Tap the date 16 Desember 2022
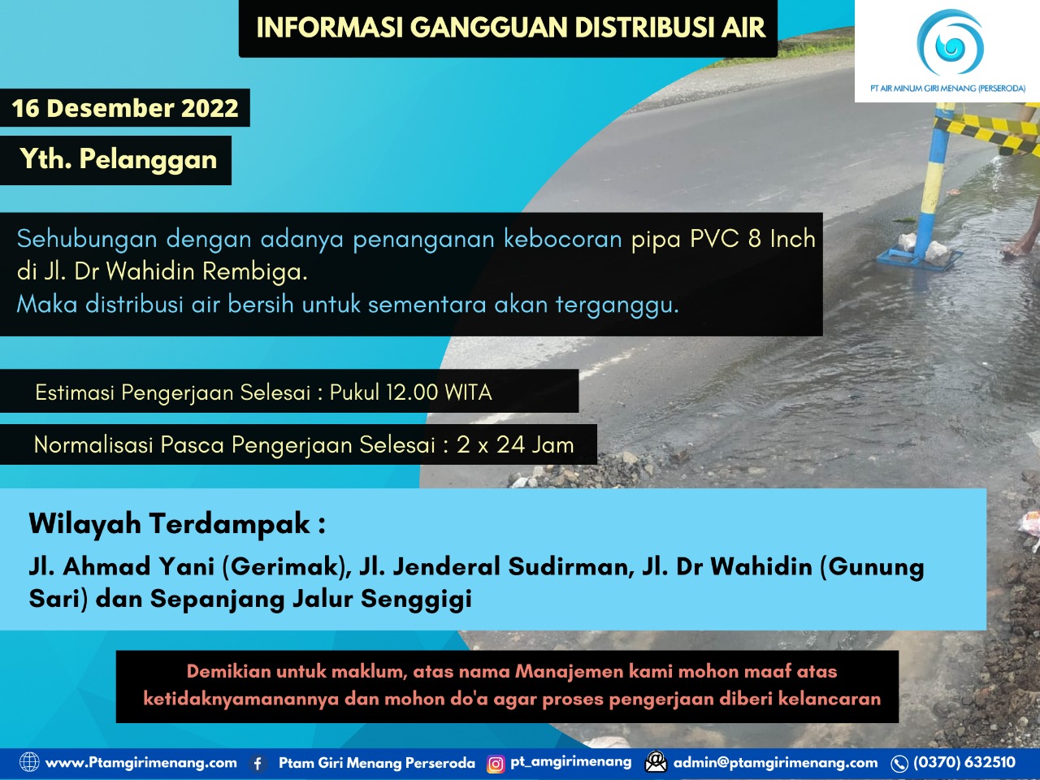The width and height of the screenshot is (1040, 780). (124, 108)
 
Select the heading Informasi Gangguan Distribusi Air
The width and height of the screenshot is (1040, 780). (510, 28)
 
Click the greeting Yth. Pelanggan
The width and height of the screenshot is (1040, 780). (118, 159)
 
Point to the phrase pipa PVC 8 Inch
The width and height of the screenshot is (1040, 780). (723, 239)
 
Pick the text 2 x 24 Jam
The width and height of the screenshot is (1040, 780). (515, 444)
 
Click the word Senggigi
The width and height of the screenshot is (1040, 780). (416, 599)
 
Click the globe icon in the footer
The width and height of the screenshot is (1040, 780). (29, 762)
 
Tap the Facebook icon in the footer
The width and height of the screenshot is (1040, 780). (258, 763)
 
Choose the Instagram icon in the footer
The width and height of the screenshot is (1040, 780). (495, 764)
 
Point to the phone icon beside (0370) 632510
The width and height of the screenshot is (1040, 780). (899, 763)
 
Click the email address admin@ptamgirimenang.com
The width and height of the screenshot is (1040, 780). (775, 762)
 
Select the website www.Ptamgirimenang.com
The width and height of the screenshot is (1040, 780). (141, 762)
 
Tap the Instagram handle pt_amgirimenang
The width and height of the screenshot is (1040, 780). (570, 761)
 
